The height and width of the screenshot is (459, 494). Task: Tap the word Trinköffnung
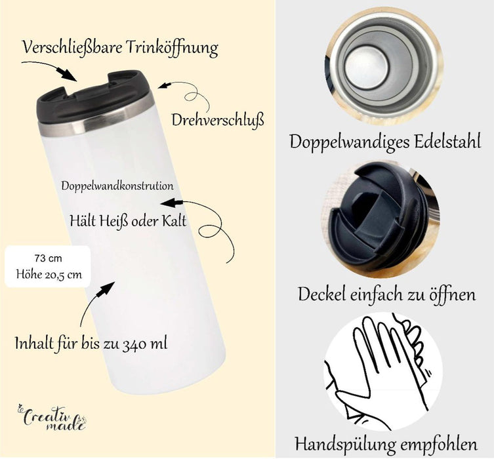pos(173,48)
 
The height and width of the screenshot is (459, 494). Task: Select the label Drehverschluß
pos(218,120)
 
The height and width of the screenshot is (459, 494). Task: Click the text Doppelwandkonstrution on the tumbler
pos(117,186)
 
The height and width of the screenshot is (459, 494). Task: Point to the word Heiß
pos(113,221)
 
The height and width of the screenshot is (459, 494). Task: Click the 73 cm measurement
pos(48,258)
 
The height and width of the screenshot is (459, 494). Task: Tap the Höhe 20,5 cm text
pos(49,275)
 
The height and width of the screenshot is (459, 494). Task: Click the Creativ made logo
pos(51,418)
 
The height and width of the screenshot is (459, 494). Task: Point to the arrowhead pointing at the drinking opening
pos(68,75)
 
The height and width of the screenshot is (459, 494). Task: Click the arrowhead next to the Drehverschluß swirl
pos(164,85)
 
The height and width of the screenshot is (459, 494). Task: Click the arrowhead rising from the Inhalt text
pos(106,289)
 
